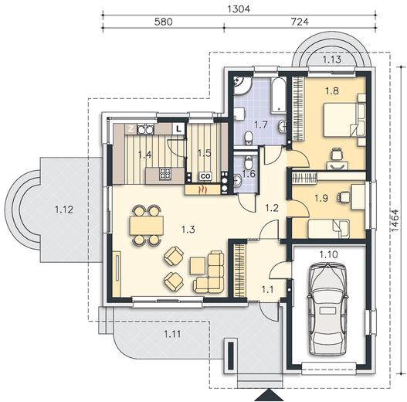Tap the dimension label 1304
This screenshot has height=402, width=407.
(239, 9)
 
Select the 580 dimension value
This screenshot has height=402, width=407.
(163, 22)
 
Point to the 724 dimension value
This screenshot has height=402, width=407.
(300, 22)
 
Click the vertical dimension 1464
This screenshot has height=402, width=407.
(395, 220)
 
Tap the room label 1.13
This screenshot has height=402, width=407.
(332, 60)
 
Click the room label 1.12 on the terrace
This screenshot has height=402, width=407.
(64, 210)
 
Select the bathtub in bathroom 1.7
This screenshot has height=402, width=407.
(279, 95)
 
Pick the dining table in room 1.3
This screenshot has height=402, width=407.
(147, 225)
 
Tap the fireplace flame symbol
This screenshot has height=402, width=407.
(202, 190)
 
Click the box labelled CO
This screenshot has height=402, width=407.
(205, 176)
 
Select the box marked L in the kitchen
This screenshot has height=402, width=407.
(178, 128)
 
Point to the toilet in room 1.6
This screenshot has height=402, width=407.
(249, 162)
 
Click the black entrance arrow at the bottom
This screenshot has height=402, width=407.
(269, 395)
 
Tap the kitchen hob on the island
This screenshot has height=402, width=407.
(165, 174)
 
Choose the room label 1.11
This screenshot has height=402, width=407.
(172, 334)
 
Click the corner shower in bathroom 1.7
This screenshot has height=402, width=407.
(242, 85)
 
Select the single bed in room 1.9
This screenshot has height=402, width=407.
(329, 228)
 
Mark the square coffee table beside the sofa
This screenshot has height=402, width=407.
(198, 266)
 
